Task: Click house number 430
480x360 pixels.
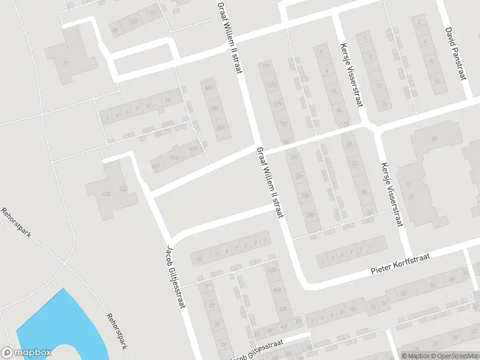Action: (x=107, y=194)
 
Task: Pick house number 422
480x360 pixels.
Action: (x=124, y=189)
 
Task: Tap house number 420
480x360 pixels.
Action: (x=157, y=166)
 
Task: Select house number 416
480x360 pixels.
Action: (x=175, y=157)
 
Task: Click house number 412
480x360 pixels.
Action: (x=193, y=148)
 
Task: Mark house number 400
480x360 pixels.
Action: (x=209, y=88)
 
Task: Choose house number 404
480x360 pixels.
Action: (x=215, y=108)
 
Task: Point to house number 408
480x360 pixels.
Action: (x=221, y=127)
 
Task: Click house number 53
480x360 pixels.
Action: (x=134, y=22)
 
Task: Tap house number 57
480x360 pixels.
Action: (x=153, y=13)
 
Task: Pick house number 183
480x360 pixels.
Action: (x=283, y=124)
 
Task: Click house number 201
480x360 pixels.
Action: (x=299, y=177)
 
